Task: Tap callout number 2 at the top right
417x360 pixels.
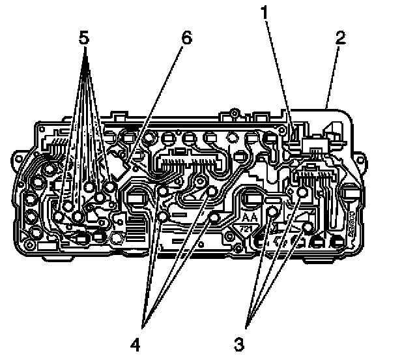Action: coord(339,37)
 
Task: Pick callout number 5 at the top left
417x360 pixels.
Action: coord(83,37)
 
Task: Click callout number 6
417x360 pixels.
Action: coord(186,38)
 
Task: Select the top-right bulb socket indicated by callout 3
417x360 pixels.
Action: coord(302,193)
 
